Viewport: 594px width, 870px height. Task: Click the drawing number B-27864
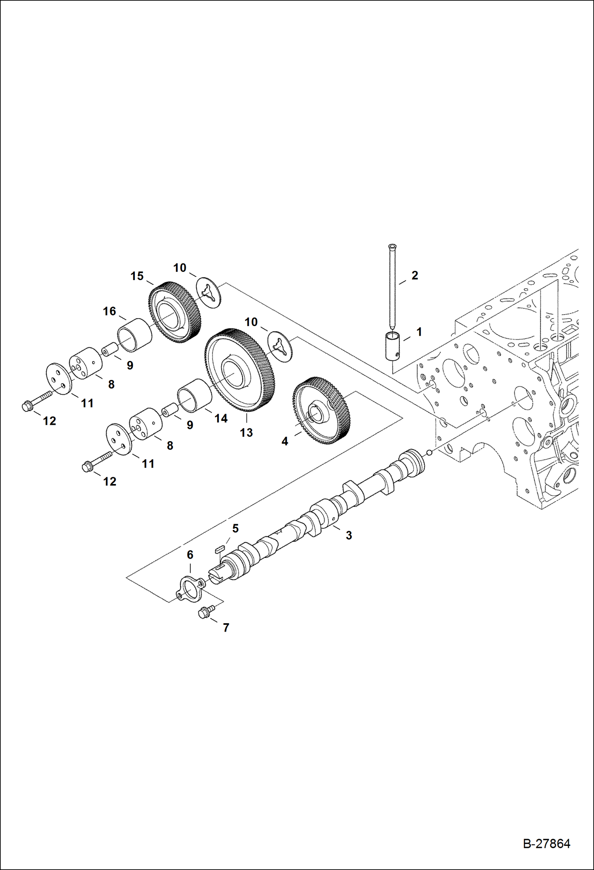(x=546, y=843)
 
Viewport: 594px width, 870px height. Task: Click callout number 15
(x=137, y=276)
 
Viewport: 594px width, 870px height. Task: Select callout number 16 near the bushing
(x=109, y=311)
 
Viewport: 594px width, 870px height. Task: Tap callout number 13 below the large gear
(x=246, y=432)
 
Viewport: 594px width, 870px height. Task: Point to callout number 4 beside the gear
(x=284, y=441)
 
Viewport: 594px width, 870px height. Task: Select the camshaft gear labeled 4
(x=322, y=410)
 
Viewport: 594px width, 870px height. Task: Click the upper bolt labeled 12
(x=36, y=401)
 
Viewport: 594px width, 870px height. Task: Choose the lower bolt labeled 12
(x=96, y=462)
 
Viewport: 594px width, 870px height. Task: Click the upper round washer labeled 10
(x=209, y=292)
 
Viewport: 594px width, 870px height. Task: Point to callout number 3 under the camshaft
(x=349, y=535)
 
